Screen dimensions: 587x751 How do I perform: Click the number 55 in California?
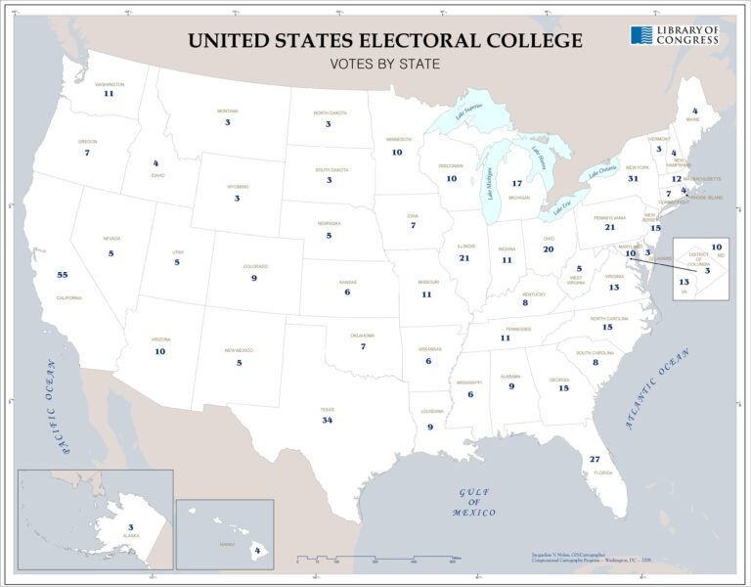[62, 275]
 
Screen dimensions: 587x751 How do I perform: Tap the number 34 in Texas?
[328, 420]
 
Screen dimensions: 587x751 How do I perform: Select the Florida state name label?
[603, 473]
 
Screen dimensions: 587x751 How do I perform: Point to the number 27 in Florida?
[595, 459]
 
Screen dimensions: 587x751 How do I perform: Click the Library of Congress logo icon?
[641, 35]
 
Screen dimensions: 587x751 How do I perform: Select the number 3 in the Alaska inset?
[130, 527]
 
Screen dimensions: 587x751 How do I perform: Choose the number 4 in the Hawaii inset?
[257, 551]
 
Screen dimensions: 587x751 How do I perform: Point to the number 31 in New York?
[633, 179]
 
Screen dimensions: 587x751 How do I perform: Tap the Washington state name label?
[110, 85]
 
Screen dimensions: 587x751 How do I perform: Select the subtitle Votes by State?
[384, 65]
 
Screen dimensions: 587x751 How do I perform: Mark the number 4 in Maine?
[694, 112]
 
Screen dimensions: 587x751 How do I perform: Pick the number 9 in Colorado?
[253, 278]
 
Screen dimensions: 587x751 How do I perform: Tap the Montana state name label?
[227, 112]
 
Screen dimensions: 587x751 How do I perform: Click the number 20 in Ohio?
[548, 248]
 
